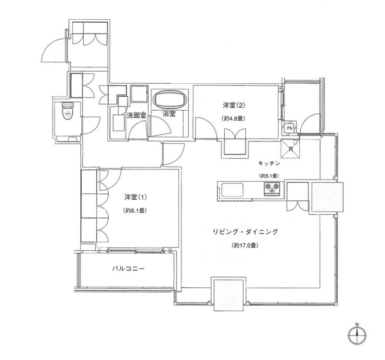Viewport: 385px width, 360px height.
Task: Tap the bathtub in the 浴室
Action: click(170, 101)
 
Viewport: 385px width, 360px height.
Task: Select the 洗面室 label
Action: click(136, 115)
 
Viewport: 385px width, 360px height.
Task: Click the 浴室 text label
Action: click(169, 115)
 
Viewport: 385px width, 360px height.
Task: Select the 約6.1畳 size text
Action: click(135, 210)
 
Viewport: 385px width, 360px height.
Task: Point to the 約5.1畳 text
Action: click(270, 176)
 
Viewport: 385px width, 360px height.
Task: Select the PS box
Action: click(289, 128)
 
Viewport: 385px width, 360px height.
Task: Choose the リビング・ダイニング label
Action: click(246, 231)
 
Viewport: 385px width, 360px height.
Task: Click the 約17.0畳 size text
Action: click(246, 245)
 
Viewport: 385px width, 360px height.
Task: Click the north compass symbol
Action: click(357, 333)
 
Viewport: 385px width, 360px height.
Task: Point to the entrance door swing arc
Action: click(53, 48)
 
